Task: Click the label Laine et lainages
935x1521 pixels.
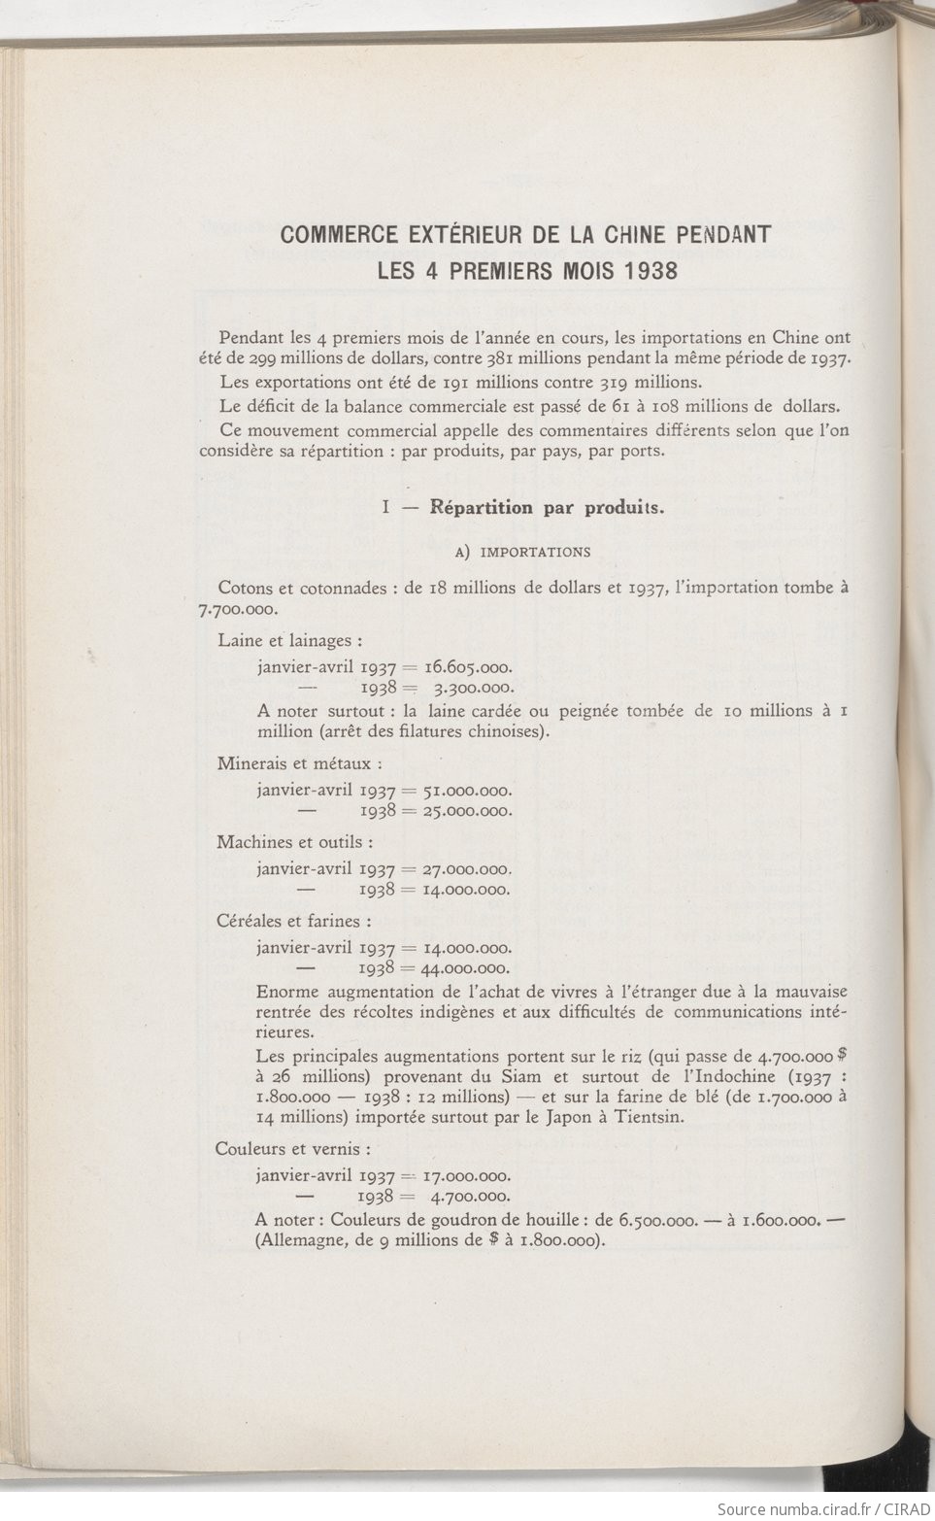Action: (x=290, y=641)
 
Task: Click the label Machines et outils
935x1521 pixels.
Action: (x=294, y=842)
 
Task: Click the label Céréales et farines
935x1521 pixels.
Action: (x=293, y=921)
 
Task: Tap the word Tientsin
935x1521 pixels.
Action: (x=651, y=1117)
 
